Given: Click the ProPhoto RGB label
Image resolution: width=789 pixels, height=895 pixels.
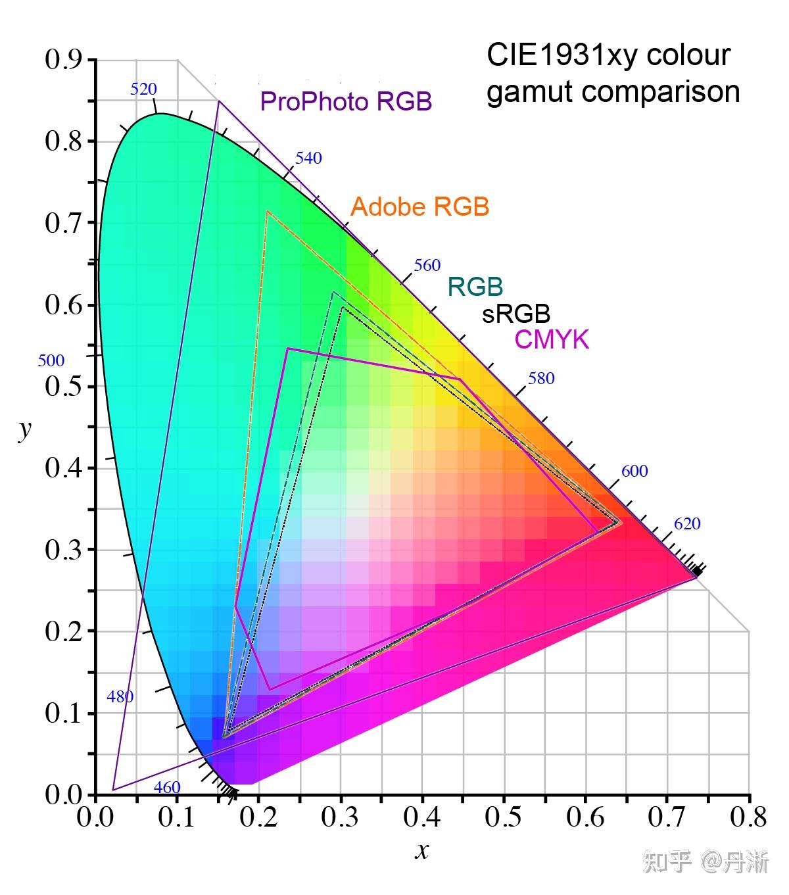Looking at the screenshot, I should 346,102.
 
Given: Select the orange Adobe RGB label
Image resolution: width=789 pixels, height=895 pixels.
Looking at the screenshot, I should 419,207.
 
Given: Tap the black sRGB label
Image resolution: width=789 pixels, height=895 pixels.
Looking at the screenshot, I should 516,314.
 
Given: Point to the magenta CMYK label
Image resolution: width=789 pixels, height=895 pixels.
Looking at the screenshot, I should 552,340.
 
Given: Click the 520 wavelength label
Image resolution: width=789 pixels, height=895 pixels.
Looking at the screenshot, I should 143,89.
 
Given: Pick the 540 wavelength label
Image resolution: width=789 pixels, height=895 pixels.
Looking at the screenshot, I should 308,158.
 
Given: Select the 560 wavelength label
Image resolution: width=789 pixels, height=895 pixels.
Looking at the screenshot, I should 427,266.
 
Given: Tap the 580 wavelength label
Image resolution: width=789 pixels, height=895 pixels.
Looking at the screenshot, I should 541,379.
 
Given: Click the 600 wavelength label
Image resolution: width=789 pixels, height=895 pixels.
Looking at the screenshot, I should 634,472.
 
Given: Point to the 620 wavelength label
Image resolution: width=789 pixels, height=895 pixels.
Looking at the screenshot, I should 687,524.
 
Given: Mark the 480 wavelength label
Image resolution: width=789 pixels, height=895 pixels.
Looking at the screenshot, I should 120,697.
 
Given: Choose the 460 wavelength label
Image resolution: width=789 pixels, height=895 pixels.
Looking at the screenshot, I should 167,788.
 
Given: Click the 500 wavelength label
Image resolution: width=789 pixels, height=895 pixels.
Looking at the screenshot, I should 51,361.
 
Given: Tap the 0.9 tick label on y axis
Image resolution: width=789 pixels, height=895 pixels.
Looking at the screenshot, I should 63,60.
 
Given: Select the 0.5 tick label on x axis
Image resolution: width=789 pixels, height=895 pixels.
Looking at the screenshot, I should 504,818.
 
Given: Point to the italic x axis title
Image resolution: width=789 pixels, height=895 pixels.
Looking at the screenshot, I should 422,852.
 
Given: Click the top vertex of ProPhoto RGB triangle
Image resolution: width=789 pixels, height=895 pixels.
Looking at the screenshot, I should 218,101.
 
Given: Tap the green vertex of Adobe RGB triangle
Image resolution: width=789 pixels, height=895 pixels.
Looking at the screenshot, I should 267,212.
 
